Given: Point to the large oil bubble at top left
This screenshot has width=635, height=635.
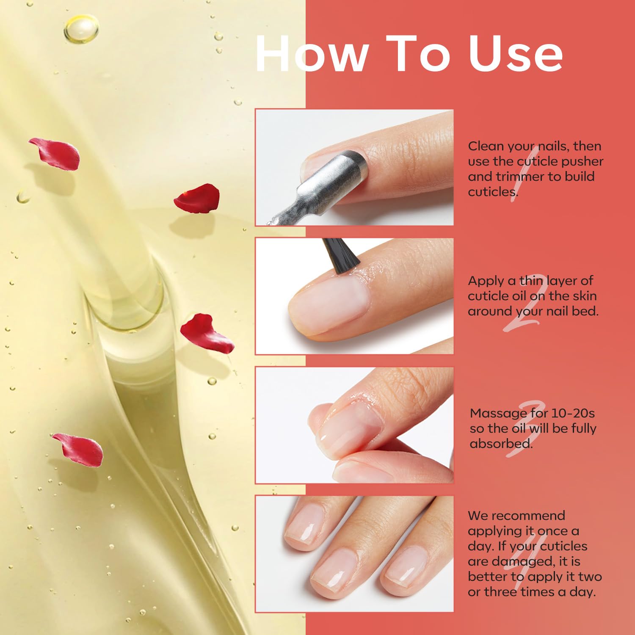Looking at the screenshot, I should tap(81, 28).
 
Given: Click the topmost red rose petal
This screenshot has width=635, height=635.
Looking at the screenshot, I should tap(55, 154).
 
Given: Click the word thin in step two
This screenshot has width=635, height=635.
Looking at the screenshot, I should tap(531, 281).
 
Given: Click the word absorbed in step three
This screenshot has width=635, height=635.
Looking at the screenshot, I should tap(501, 444).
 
